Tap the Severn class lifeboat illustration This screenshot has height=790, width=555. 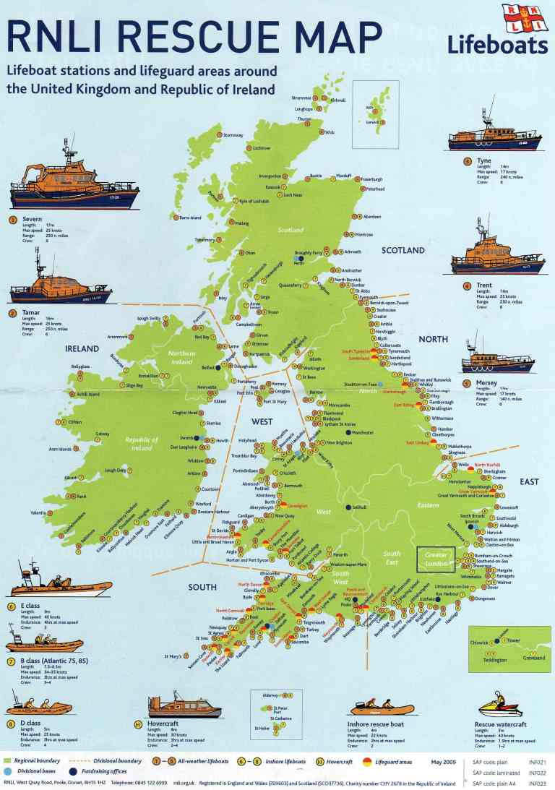click(x=74, y=187)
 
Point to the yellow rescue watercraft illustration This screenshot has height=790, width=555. click(x=498, y=704)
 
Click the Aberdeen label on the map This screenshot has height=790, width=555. click(x=371, y=217)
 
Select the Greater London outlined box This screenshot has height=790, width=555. click(x=436, y=559)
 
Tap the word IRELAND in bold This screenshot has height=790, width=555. click(x=82, y=348)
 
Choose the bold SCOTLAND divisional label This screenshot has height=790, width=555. click(x=403, y=250)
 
